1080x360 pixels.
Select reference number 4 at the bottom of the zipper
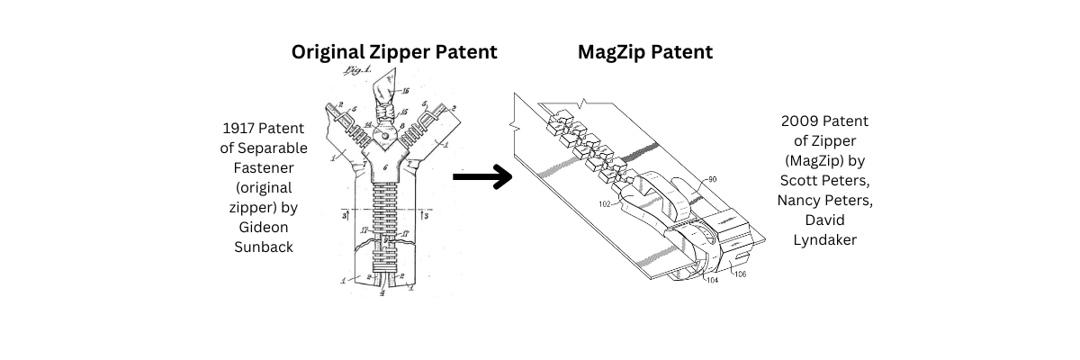tap(383, 292)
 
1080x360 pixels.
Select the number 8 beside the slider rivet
tap(402, 128)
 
